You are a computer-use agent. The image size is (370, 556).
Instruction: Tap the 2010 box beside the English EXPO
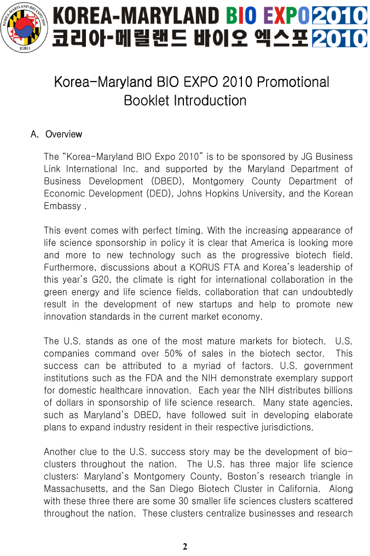339,15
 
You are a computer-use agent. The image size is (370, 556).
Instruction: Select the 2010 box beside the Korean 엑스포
339,38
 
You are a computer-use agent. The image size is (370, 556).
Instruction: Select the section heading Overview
63,134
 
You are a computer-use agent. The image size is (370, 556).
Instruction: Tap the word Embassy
62,206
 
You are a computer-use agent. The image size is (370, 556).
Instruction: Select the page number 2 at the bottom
185,546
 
